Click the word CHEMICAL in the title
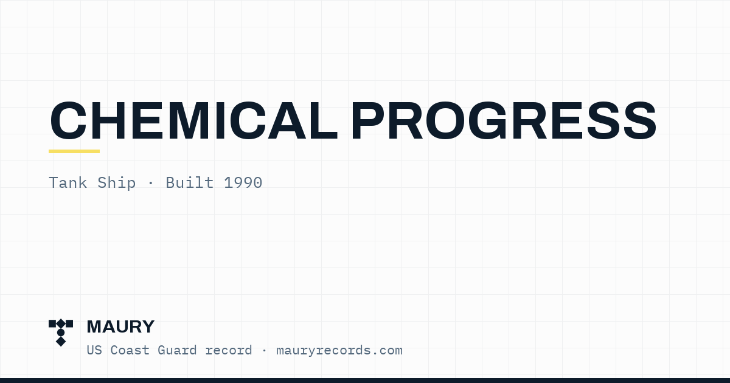coord(193,120)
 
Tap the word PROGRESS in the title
coord(504,120)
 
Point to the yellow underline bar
coord(74,151)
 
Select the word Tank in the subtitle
coord(68,182)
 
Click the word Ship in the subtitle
coord(116,183)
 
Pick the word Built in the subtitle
coord(190,182)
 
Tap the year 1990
coord(243,183)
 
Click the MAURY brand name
coord(120,326)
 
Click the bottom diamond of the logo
coord(61,341)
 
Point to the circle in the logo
coord(61,333)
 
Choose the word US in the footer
coord(94,350)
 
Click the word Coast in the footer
coord(130,350)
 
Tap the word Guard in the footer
coord(177,350)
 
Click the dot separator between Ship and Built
coord(151,183)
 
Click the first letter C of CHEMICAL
coord(68,120)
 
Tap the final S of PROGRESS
coord(639,120)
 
